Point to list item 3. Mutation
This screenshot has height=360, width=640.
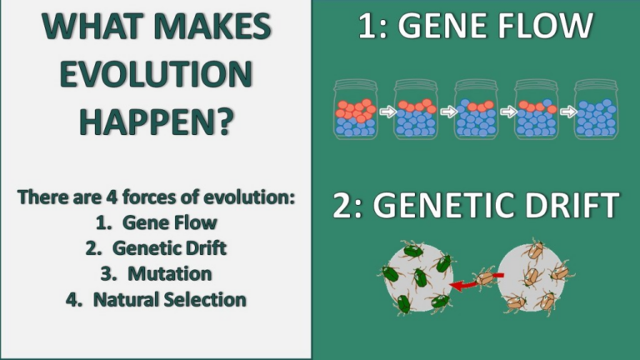tap(156, 273)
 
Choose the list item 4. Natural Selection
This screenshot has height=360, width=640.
tap(156, 298)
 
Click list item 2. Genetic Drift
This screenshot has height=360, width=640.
tap(156, 248)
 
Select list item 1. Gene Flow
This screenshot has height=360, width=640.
tap(156, 223)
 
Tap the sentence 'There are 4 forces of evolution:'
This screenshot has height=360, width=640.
tap(156, 198)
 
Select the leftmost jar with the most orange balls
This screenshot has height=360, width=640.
tap(355, 109)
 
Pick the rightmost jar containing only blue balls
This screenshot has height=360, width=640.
tap(596, 109)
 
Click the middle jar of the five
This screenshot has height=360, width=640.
tap(475, 109)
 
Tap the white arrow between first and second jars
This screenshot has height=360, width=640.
tap(385, 110)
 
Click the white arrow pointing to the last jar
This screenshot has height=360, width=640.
tap(566, 110)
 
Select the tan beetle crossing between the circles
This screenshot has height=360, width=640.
tap(487, 277)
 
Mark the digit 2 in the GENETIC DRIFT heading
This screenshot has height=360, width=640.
tap(342, 205)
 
